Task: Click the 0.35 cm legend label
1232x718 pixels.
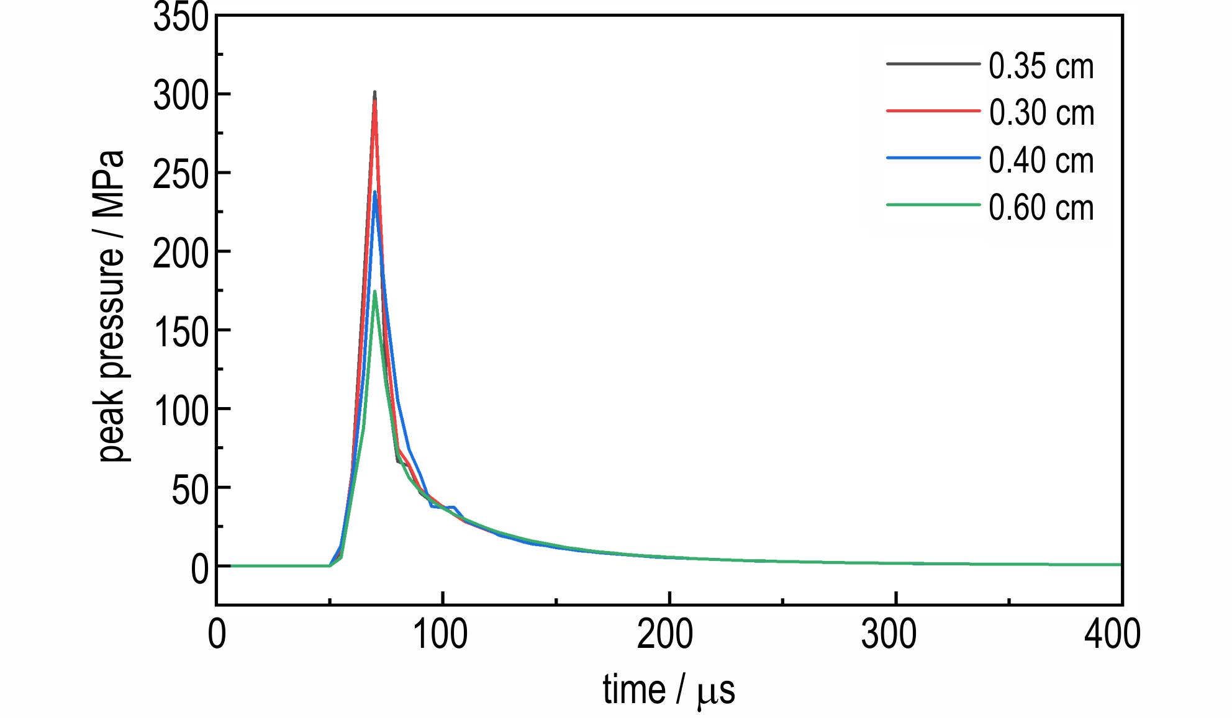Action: pyautogui.click(x=1041, y=66)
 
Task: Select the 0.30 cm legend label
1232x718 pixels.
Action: pyautogui.click(x=1041, y=113)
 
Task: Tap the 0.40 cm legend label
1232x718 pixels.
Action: pyautogui.click(x=1041, y=160)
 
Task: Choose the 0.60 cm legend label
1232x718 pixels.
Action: pyautogui.click(x=1041, y=207)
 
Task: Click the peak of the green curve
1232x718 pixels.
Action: pyautogui.click(x=374, y=291)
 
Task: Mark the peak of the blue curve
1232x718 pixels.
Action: pyautogui.click(x=374, y=192)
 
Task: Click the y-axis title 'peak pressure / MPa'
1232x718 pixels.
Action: pyautogui.click(x=112, y=306)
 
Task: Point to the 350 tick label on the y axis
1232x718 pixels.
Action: pyautogui.click(x=181, y=17)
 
